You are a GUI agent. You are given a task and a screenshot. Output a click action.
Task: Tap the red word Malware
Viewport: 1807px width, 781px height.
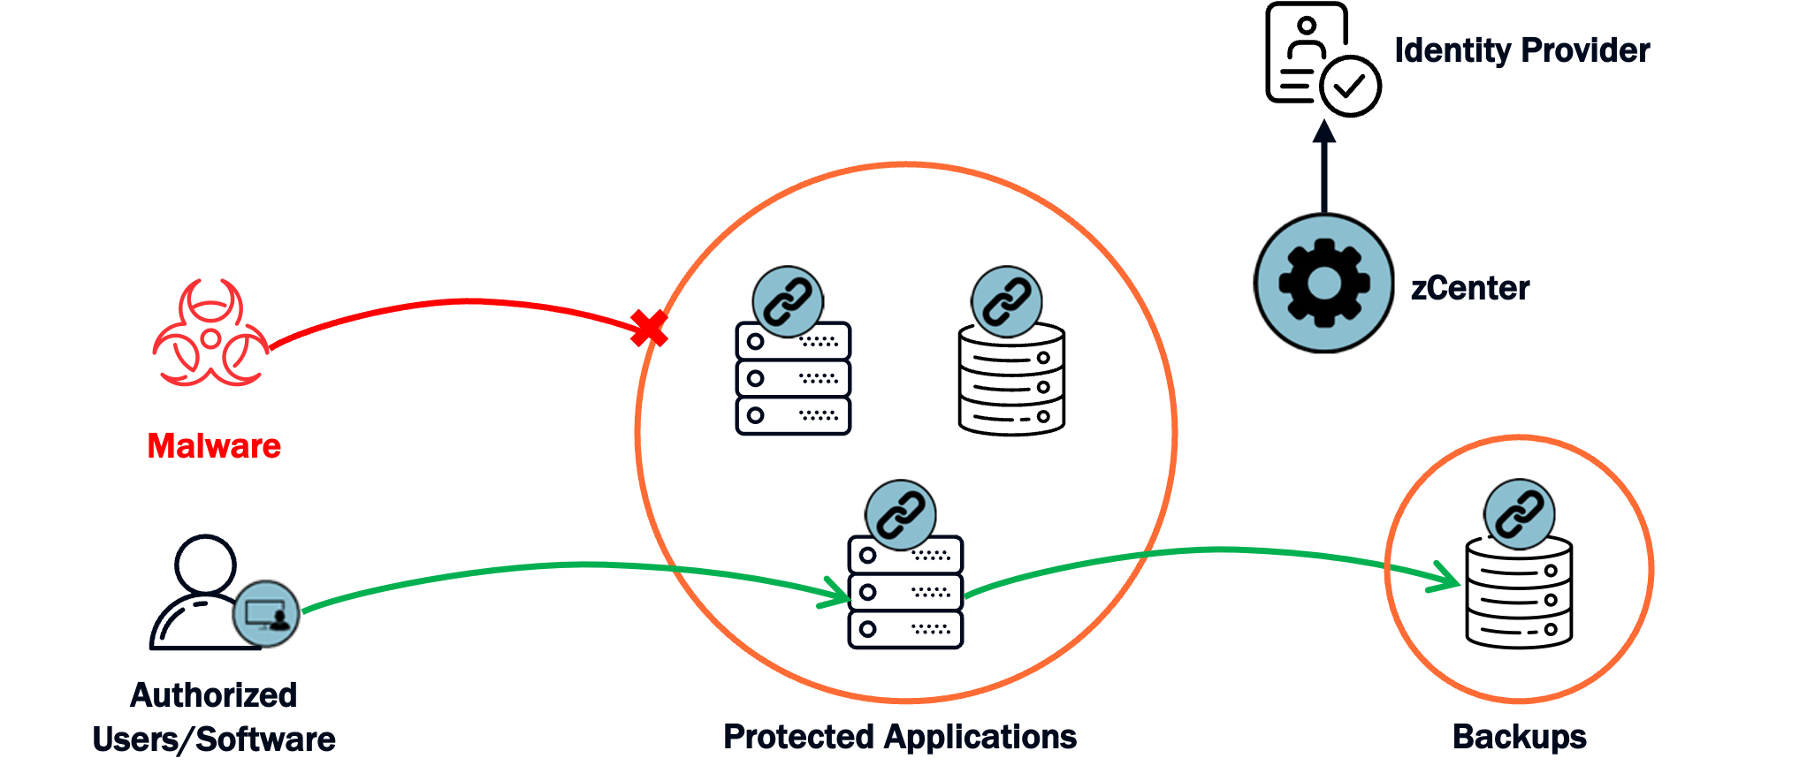click(214, 446)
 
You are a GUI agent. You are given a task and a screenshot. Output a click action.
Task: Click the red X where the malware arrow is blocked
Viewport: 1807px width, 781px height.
click(649, 328)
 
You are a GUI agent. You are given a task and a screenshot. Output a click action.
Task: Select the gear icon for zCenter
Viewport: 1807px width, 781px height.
click(1324, 283)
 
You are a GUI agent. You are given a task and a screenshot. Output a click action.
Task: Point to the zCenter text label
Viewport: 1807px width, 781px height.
click(1470, 288)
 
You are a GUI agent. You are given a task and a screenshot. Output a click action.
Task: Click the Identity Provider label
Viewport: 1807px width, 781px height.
click(1521, 50)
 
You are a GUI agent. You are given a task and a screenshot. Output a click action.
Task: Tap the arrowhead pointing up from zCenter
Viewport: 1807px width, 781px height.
click(1323, 132)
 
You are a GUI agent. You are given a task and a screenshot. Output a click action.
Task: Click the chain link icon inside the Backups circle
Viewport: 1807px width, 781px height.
click(1519, 514)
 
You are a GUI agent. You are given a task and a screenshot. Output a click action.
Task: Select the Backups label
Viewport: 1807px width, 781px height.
click(1519, 736)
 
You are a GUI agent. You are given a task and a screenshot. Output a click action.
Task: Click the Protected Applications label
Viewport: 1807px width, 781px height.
click(900, 736)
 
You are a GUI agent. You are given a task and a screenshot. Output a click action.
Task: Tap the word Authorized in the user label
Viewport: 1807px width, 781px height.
click(214, 695)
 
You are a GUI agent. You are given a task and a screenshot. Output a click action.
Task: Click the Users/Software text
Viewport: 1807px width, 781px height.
click(214, 739)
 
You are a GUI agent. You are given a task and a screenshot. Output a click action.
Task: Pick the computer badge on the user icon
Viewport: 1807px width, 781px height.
click(266, 614)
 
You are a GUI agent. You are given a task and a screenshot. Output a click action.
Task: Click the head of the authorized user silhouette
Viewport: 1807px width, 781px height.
click(206, 564)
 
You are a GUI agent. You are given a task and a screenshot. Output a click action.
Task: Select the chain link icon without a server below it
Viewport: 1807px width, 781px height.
click(1006, 301)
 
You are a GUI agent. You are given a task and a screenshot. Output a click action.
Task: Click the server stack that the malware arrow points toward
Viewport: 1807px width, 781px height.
click(793, 378)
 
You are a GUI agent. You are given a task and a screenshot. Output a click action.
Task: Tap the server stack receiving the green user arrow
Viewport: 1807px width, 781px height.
click(905, 593)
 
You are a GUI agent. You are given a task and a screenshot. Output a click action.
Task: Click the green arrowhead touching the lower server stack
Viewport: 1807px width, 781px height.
click(835, 593)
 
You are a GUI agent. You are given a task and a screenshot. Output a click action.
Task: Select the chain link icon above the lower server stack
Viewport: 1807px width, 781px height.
click(900, 515)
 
